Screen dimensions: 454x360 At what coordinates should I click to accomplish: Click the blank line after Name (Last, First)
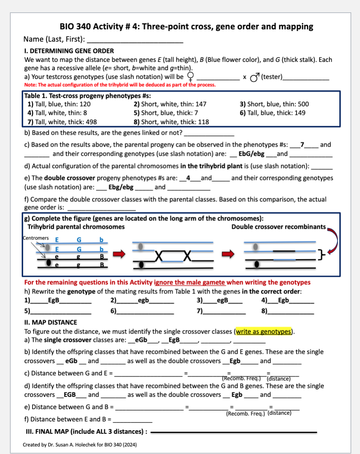[x=135, y=40]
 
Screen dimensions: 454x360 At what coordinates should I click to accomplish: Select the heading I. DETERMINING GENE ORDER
[x=69, y=51]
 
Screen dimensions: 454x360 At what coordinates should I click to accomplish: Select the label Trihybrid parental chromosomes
[x=76, y=227]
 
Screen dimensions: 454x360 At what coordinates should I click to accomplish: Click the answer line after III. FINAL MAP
[x=234, y=432]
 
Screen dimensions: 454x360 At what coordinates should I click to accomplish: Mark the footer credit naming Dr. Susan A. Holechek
[x=80, y=445]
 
